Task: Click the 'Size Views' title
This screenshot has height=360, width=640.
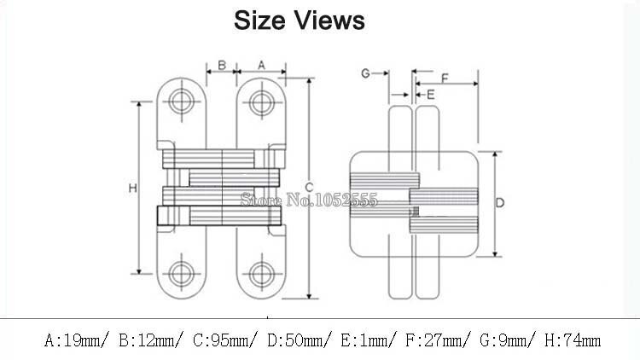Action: pos(299,20)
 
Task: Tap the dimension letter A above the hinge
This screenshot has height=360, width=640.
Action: pos(261,65)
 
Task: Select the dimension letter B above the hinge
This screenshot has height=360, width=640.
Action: pos(221,65)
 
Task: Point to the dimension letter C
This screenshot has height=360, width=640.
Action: pos(309,188)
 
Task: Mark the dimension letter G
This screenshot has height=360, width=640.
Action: pos(365,74)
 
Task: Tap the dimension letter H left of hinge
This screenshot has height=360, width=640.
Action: pos(133,188)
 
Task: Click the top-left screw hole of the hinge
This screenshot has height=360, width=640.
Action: pos(181,102)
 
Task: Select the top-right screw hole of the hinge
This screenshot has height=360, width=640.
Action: pos(261,102)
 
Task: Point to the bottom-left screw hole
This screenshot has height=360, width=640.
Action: pos(181,275)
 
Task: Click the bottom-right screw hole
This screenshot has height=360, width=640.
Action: pos(261,275)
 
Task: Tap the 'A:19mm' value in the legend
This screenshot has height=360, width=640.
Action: pos(76,341)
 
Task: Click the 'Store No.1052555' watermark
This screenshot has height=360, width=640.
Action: pos(309,200)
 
